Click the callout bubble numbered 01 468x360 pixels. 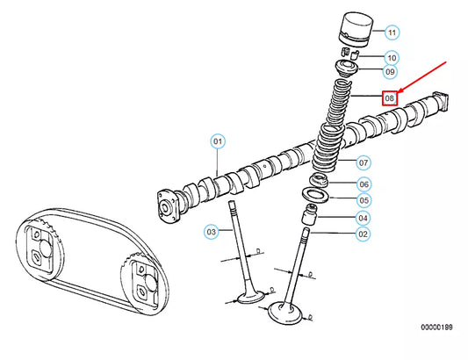pos(218,140)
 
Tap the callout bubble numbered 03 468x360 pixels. pos(211,232)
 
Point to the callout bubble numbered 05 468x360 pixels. pos(363,200)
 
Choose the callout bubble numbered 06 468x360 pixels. pos(363,184)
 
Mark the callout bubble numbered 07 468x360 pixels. pos(363,162)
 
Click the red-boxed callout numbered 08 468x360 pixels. pos(390,98)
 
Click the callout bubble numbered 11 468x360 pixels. pos(391,32)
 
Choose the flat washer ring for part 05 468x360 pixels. pos(314,194)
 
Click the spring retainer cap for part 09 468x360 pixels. pos(347,68)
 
